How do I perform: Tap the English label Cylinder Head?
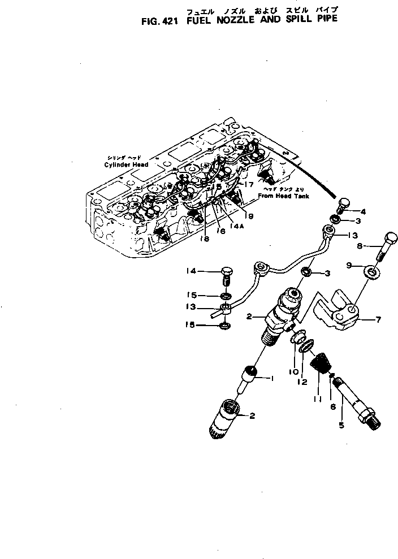coord(126,164)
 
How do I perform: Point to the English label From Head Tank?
coord(281,196)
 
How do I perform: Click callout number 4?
coord(363,212)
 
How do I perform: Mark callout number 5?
coord(341,424)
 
